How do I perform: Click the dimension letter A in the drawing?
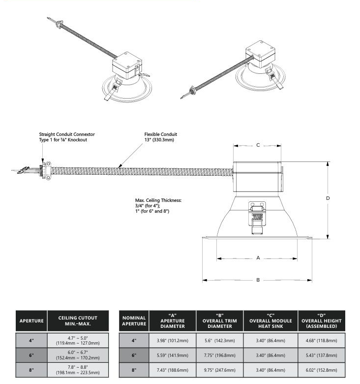[258, 258]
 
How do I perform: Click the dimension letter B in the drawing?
[258, 280]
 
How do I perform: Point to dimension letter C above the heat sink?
[258, 145]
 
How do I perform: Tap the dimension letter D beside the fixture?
[328, 198]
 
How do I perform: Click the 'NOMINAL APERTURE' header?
[134, 321]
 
